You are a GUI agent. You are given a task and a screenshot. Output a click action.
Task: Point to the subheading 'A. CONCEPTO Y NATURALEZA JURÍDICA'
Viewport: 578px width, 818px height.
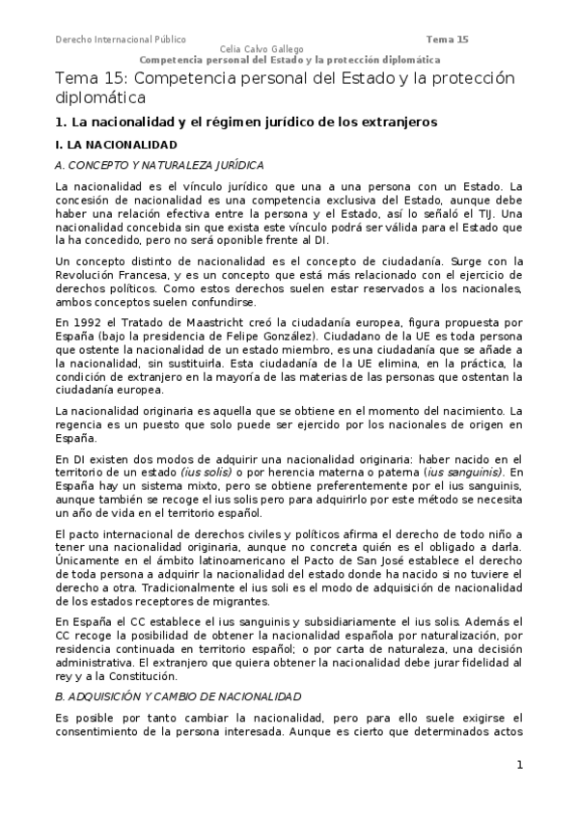point(159,165)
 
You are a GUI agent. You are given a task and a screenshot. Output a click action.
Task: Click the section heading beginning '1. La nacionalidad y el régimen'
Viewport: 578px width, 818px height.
point(246,123)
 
